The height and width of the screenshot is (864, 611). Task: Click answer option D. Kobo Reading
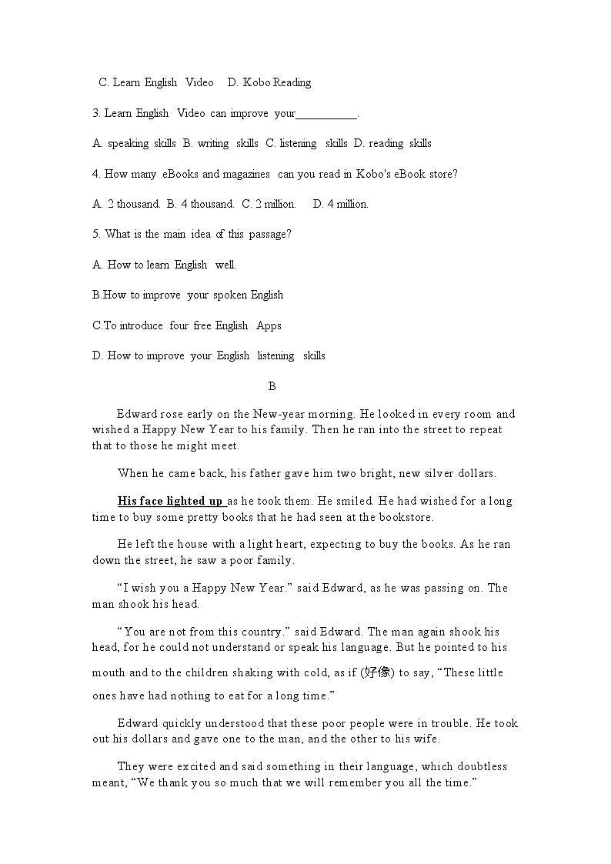click(269, 82)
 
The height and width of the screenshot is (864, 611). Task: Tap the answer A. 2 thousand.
click(126, 204)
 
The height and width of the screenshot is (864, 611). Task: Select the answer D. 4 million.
click(341, 204)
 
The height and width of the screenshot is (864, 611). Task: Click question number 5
click(96, 234)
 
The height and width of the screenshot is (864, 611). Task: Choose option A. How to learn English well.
click(164, 265)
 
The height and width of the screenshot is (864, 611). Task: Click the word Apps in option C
click(269, 325)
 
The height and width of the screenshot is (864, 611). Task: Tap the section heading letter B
click(272, 386)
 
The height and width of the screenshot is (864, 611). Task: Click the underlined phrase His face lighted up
click(171, 501)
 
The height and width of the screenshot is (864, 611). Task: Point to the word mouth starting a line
click(109, 672)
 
